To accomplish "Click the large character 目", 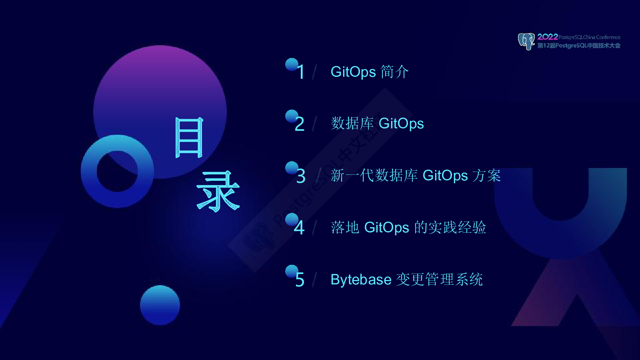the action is coord(189,138).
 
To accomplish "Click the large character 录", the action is coord(218,191).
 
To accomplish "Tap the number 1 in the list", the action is coord(300,72).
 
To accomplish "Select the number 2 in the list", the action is coord(300,124).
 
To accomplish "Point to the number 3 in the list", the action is coord(301,176).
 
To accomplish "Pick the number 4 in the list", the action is coord(299,228).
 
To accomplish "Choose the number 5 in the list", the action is coord(300,280).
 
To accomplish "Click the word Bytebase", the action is coord(361,280).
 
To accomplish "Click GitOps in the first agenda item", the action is coord(353,72).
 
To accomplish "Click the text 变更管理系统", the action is coord(440,280).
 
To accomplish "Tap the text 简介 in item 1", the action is coord(394,72).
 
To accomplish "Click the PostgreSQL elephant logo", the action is coord(526,42).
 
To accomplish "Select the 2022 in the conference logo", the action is coord(548,37).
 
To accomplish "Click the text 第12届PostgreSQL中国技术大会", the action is coord(579,46).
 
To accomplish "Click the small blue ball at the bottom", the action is coord(160,305).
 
